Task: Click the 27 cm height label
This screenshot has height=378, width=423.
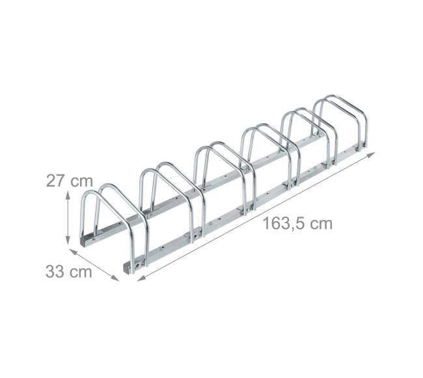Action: [x=70, y=181]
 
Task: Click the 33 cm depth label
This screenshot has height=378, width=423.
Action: [x=69, y=271]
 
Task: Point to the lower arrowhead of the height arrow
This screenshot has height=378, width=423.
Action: [x=68, y=241]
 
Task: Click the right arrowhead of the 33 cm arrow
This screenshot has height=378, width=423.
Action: [x=115, y=278]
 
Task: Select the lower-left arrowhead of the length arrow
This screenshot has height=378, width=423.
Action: [x=141, y=278]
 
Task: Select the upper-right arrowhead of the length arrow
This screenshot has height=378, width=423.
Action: [x=371, y=154]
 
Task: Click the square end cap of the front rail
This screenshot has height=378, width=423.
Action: [x=128, y=268]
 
